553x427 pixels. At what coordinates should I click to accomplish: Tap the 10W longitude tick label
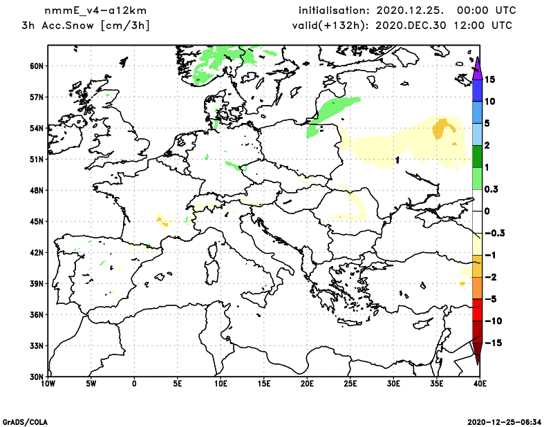click(48, 383)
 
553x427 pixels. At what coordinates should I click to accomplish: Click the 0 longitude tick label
click(134, 383)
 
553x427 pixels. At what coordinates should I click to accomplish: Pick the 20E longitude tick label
click(307, 383)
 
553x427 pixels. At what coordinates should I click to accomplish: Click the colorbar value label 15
click(490, 79)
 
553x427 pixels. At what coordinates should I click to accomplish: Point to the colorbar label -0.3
click(495, 233)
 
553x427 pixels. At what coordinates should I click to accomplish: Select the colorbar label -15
click(492, 343)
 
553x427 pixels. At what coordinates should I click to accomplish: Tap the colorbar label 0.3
click(492, 189)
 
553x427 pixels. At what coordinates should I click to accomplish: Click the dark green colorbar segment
click(477, 156)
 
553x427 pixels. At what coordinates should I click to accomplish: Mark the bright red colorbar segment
click(477, 311)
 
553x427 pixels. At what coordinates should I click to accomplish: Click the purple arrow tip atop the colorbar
click(477, 61)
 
